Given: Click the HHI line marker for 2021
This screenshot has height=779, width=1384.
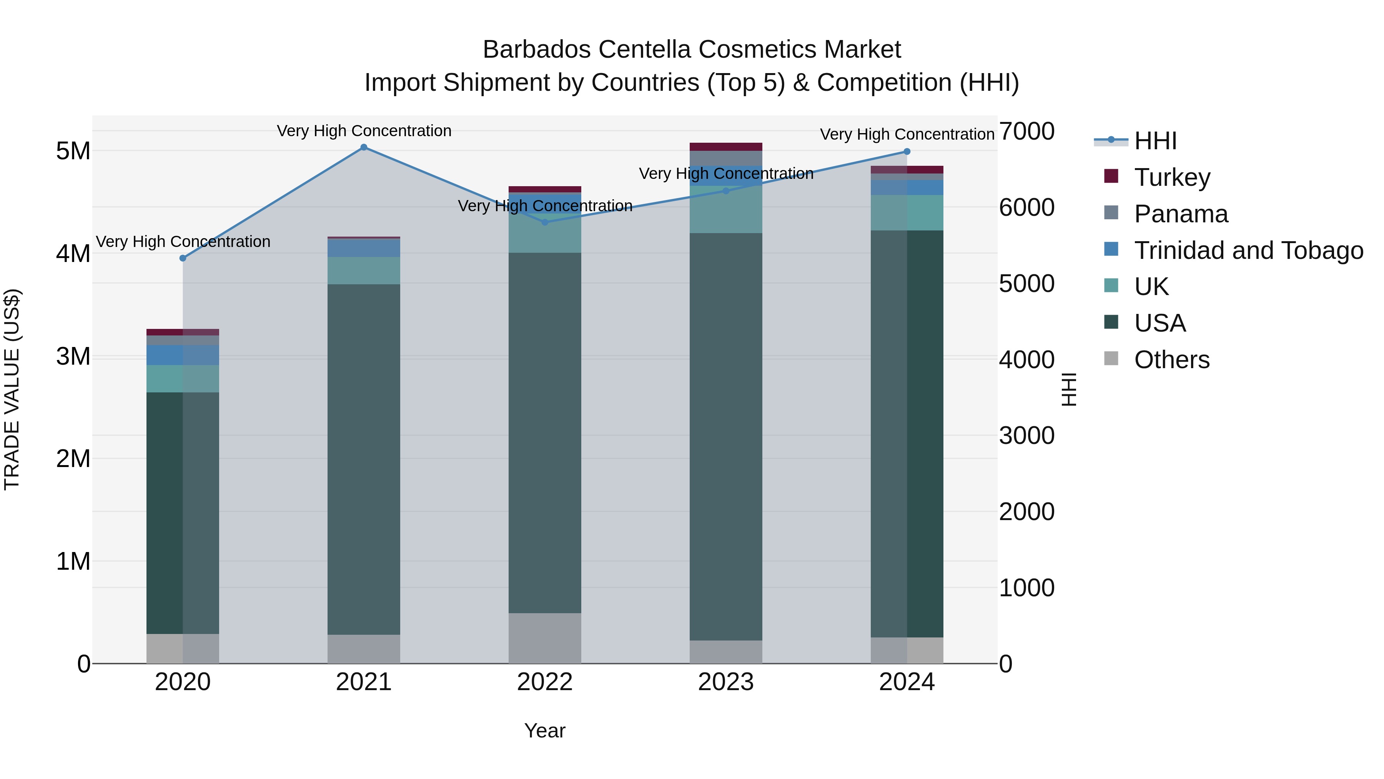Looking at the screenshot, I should point(364,147).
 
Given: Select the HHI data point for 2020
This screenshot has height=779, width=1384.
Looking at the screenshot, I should point(183,258).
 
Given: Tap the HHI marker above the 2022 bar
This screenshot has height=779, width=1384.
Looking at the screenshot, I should point(545,222).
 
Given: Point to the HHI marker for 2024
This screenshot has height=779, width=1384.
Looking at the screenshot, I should point(907,152).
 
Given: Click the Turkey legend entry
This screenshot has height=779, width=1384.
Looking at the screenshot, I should point(1172,177).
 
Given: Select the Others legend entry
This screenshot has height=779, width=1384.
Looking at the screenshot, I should point(1171,360).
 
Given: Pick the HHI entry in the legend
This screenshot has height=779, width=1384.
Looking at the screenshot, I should point(1155,141).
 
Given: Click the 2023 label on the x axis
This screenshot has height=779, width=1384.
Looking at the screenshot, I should point(726,682).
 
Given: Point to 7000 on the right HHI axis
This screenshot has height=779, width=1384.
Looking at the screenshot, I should point(1026,132).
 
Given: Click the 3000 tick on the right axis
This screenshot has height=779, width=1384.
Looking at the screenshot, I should point(1026,435).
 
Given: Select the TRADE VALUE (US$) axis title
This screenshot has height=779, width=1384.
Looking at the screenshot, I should point(12,389).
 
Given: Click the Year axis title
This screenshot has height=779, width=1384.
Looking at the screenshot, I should point(545,731).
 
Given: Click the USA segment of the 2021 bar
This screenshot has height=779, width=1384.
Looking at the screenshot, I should point(364,457).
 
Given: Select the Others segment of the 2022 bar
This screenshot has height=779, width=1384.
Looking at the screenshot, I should point(545,638).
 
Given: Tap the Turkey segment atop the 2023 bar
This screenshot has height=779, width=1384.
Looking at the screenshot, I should point(726,147).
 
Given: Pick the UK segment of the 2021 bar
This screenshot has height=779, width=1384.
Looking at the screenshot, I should point(364,270).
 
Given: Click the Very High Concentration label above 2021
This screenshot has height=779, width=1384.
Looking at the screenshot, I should point(364,131).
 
